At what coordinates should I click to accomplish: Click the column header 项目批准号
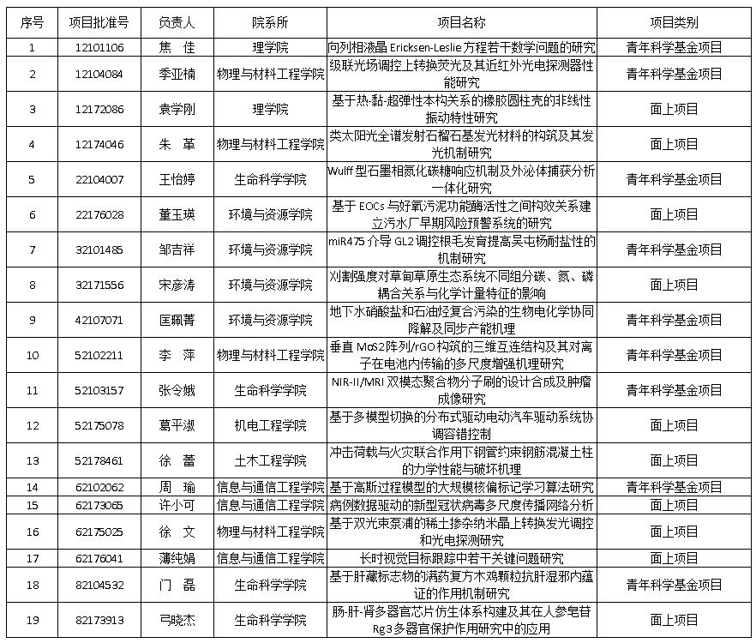(99, 21)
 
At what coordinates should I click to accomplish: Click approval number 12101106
(99, 47)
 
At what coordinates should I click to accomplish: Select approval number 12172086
(99, 109)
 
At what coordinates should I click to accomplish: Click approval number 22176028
(99, 214)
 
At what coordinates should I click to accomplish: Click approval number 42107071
(99, 320)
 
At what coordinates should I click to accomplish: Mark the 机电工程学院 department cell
(270, 425)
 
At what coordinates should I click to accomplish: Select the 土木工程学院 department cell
(270, 460)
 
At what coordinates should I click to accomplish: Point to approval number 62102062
(99, 487)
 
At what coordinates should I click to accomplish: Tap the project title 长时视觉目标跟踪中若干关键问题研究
(462, 558)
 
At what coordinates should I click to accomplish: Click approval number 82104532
(99, 585)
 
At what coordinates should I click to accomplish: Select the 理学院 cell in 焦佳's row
(270, 47)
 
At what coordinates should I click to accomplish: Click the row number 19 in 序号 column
(32, 620)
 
